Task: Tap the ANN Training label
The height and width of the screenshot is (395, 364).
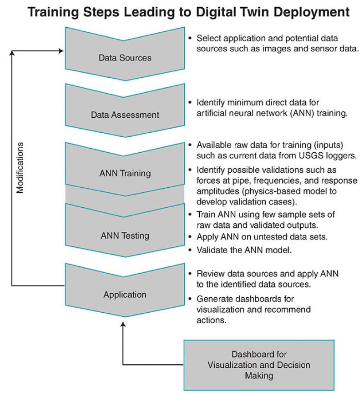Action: pyautogui.click(x=125, y=173)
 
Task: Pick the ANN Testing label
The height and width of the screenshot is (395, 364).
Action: pyautogui.click(x=125, y=236)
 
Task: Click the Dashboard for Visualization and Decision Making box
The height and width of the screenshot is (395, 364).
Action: pyautogui.click(x=259, y=365)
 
